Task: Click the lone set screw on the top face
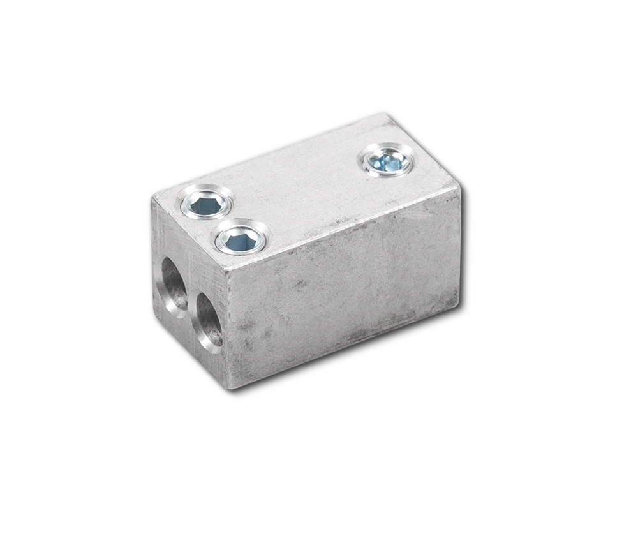click(x=387, y=159)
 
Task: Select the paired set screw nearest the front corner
click(x=241, y=239)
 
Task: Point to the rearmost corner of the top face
click(x=385, y=115)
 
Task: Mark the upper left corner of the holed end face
click(x=152, y=198)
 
